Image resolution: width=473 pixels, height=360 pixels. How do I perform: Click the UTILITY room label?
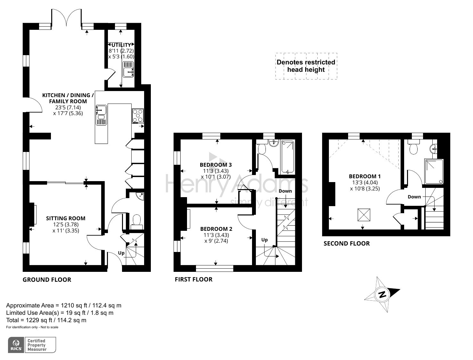[121, 45]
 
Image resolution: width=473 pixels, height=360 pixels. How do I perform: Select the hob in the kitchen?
[138, 116]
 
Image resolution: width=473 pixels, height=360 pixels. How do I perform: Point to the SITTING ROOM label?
[66, 218]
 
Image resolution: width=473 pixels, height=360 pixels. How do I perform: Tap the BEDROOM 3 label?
[216, 165]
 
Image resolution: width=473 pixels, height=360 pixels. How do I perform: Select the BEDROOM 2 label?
[216, 229]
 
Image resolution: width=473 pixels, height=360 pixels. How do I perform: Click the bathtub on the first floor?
[287, 157]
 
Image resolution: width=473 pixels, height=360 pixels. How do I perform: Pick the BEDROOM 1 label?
[365, 176]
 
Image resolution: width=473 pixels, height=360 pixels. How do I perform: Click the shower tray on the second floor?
[434, 172]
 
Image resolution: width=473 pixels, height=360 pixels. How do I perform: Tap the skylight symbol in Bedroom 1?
[363, 214]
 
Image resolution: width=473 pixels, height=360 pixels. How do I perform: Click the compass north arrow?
[382, 294]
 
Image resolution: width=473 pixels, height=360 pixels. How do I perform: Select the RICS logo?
[16, 345]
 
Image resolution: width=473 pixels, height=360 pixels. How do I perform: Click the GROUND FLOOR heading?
[47, 280]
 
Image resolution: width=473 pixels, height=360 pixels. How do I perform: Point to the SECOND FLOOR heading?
[347, 243]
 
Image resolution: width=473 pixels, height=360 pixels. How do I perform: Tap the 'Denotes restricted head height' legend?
[306, 66]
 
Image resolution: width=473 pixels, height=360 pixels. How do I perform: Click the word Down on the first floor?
[285, 191]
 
